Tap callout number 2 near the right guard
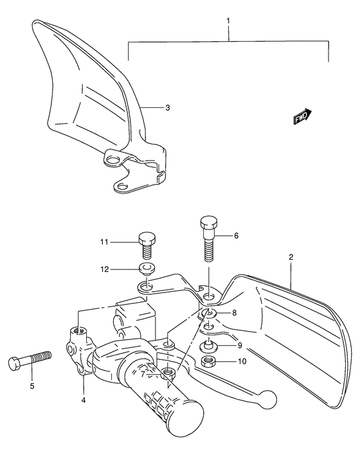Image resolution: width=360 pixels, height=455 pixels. [291, 258]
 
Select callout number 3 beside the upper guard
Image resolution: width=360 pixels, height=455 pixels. [167, 108]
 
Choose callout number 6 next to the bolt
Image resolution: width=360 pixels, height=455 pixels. [236, 236]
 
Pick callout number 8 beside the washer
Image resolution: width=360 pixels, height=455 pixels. [235, 313]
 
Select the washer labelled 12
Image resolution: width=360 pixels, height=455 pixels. [147, 268]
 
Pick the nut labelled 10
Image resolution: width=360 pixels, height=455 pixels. [208, 362]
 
